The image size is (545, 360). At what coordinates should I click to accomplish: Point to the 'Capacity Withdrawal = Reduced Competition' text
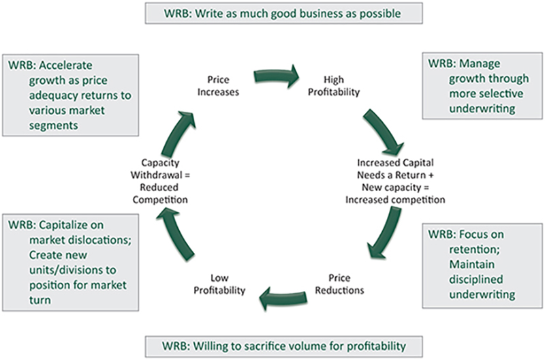[160, 181]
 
